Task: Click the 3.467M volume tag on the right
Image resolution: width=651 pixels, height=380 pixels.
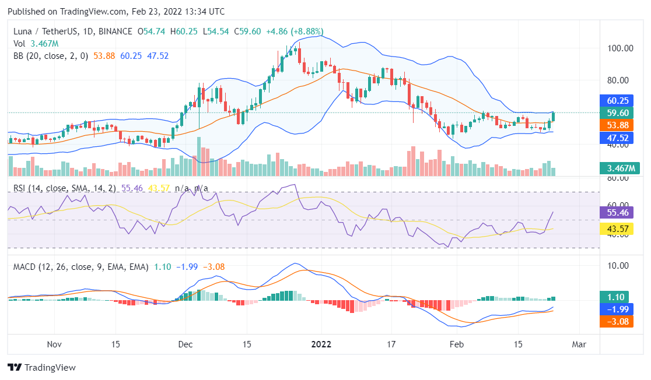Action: point(619,168)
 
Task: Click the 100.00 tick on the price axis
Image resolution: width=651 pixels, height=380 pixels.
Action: point(620,48)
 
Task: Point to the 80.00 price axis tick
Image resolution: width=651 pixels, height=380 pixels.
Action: point(620,80)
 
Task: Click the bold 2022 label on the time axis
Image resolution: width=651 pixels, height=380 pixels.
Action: point(321,344)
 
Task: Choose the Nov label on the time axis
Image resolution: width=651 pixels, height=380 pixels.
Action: point(54,344)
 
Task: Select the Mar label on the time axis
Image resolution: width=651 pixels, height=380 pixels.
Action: point(579,344)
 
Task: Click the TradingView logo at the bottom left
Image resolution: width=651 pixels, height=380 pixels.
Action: point(41,368)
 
